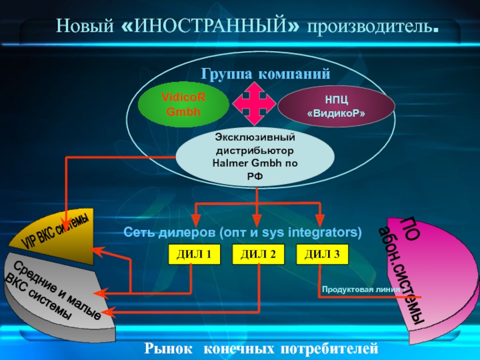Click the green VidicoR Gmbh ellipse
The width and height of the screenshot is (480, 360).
point(183,105)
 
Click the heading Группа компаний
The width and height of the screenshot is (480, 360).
point(266,74)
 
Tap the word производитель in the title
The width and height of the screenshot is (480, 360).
point(370,27)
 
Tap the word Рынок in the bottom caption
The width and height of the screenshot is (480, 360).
point(169,348)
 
